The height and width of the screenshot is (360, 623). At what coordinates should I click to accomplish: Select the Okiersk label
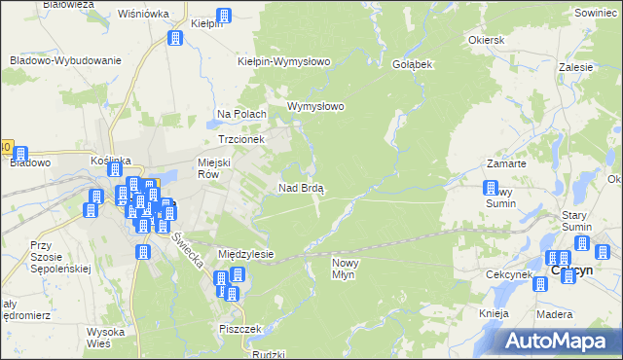pyautogui.click(x=486, y=42)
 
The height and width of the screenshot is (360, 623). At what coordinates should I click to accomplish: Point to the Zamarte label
pyautogui.click(x=507, y=164)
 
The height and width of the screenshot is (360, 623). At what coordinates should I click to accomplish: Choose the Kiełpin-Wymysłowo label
pyautogui.click(x=285, y=61)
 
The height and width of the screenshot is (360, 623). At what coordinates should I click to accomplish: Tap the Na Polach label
pyautogui.click(x=241, y=114)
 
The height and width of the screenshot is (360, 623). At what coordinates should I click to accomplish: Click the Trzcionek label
pyautogui.click(x=241, y=139)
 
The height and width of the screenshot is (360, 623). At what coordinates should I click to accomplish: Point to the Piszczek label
pyautogui.click(x=241, y=329)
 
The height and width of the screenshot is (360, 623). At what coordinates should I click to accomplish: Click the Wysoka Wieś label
pyautogui.click(x=104, y=337)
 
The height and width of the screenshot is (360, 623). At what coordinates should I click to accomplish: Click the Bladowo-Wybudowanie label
pyautogui.click(x=65, y=60)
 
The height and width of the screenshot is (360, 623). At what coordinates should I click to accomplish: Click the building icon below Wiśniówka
pyautogui.click(x=175, y=38)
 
